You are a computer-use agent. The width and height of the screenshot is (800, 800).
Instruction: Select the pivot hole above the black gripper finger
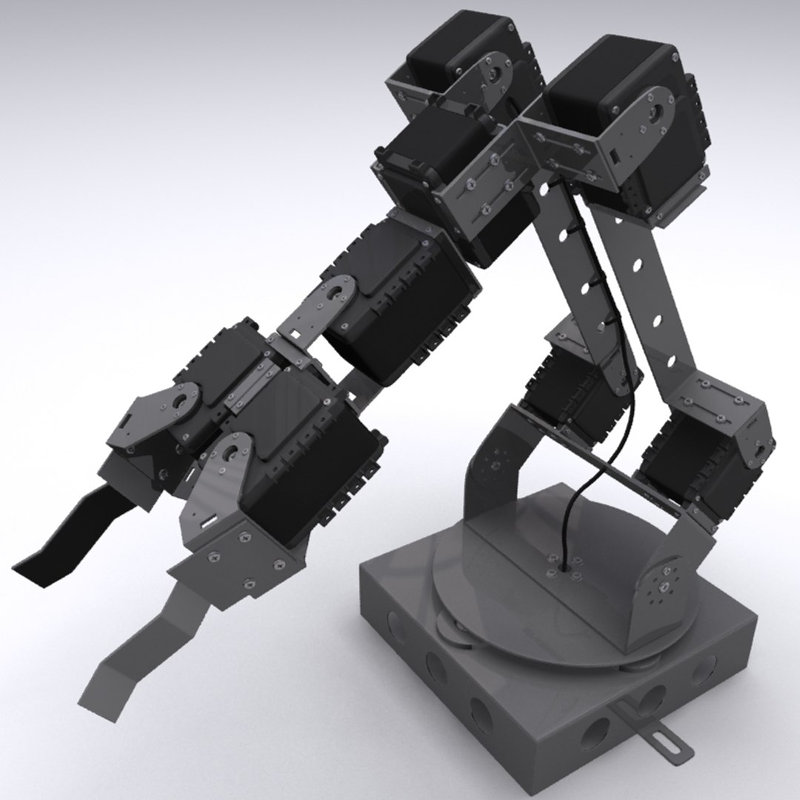[x=180, y=404]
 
